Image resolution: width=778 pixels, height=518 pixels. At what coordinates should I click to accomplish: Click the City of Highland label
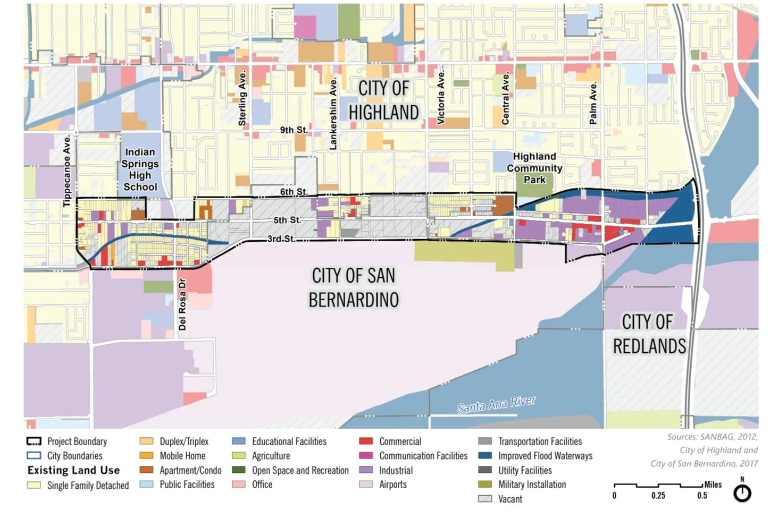click(x=383, y=100)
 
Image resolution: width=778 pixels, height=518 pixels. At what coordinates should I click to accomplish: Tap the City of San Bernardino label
click(x=354, y=287)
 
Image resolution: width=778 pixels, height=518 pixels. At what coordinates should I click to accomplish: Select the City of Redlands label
click(x=648, y=334)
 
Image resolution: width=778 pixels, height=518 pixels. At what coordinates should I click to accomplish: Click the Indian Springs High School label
click(x=140, y=169)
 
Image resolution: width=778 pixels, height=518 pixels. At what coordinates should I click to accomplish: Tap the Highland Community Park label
click(x=534, y=168)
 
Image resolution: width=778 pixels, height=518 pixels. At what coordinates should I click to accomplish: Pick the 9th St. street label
click(x=294, y=130)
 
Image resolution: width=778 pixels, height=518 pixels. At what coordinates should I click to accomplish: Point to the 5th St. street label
click(x=287, y=220)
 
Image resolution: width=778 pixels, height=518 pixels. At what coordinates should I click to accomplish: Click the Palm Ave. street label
click(x=593, y=104)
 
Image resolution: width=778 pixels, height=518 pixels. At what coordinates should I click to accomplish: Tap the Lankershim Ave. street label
click(x=333, y=114)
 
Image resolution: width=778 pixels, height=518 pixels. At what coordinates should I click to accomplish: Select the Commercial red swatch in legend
click(x=366, y=441)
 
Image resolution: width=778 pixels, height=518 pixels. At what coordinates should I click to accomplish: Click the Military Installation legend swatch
click(x=484, y=485)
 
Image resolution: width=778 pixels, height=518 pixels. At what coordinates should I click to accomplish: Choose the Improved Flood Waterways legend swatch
click(x=484, y=456)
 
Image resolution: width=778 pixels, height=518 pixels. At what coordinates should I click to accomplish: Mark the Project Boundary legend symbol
click(x=34, y=441)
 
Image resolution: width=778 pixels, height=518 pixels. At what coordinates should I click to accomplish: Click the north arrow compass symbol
click(x=742, y=492)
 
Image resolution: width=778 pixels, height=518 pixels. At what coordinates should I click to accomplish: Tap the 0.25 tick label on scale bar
click(x=658, y=496)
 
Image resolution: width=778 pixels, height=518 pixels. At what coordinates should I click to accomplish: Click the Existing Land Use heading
click(x=73, y=470)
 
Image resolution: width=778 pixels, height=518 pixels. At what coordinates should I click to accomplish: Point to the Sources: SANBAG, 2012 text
click(x=712, y=437)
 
